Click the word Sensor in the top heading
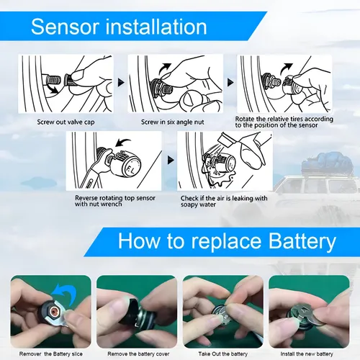(x=65, y=27)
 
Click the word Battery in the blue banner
(x=302, y=242)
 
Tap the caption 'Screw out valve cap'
(x=66, y=122)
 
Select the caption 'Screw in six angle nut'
(x=173, y=122)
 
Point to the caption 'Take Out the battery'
(x=223, y=354)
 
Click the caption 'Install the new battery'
(x=307, y=354)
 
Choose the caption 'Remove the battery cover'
(x=138, y=354)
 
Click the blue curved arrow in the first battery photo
(x=64, y=292)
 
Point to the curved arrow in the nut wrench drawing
(x=123, y=143)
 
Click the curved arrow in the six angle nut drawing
(x=165, y=68)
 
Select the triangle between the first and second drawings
(x=121, y=83)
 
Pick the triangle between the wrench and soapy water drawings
(x=171, y=160)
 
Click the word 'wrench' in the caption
(x=112, y=204)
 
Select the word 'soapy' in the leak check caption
(x=189, y=204)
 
